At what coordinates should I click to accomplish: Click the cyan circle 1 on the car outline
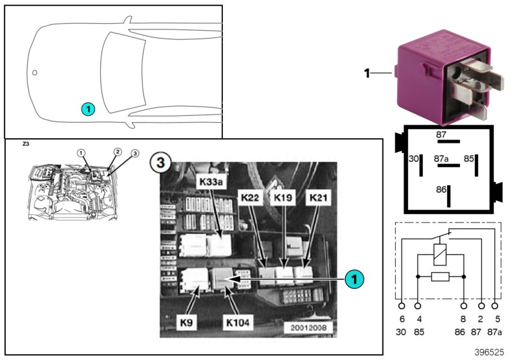tap(88, 109)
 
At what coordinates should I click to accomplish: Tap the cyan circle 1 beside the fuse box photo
tap(353, 279)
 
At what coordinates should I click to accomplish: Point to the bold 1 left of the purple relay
tap(367, 73)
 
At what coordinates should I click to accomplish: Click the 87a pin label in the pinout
tap(441, 157)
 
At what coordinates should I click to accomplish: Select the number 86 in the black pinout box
tap(440, 190)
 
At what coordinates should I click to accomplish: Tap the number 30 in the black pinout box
tap(414, 157)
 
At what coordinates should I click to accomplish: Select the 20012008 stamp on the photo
tap(309, 327)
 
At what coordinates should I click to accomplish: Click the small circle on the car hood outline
tap(35, 73)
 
